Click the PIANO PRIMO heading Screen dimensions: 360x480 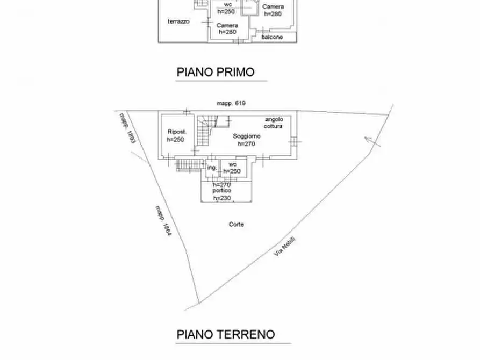[215, 72]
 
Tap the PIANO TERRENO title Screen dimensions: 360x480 [226, 335]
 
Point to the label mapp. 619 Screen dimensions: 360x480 [231, 103]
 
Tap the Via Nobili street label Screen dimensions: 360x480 [285, 247]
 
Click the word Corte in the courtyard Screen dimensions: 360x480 [236, 224]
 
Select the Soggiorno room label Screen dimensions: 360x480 [247, 136]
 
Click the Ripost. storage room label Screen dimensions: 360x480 [176, 132]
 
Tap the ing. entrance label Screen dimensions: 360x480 [212, 168]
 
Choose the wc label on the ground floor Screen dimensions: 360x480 [232, 164]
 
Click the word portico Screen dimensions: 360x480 [221, 191]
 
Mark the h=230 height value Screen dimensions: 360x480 [221, 198]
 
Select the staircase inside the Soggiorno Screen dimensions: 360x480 [204, 132]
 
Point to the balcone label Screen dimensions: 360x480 [272, 37]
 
